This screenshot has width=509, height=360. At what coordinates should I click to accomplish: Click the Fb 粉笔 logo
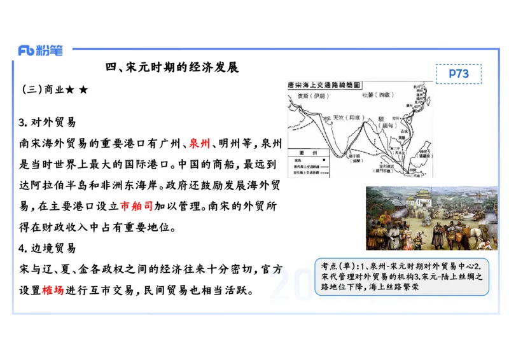click(x=41, y=51)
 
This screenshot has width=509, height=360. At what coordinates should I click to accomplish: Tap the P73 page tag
click(x=458, y=74)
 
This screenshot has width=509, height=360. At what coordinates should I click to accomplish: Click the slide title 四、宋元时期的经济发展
click(x=172, y=67)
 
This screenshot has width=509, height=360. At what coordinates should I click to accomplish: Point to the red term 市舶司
click(x=137, y=205)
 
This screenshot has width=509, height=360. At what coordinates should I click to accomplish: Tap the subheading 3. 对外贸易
click(x=47, y=122)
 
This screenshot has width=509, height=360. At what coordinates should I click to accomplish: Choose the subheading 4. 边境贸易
click(x=47, y=248)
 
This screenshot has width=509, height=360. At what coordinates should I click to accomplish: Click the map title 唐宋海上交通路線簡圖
click(x=324, y=84)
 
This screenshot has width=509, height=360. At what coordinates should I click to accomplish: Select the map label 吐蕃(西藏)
click(x=379, y=95)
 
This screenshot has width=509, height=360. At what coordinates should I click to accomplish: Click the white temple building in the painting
click(x=423, y=198)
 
